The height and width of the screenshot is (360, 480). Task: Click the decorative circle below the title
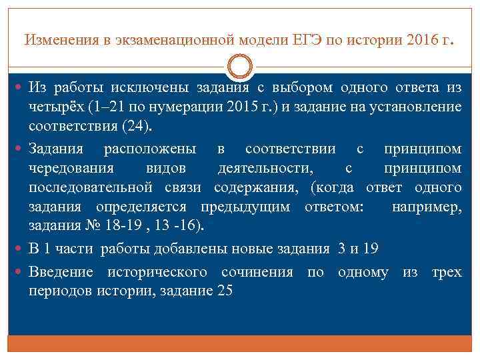click(x=240, y=69)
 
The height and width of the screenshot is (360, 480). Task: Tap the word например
click(x=425, y=206)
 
